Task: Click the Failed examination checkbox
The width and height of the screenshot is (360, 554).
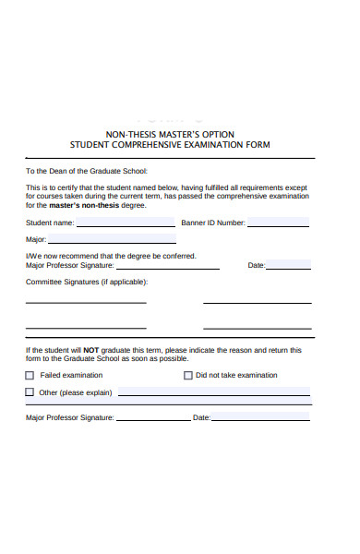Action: pyautogui.click(x=30, y=376)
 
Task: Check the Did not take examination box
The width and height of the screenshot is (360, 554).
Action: pyautogui.click(x=187, y=376)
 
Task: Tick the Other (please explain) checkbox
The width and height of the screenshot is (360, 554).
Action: pyautogui.click(x=30, y=392)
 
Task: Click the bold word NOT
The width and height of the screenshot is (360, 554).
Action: pyautogui.click(x=91, y=351)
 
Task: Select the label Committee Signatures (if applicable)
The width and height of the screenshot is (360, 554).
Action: pyautogui.click(x=87, y=283)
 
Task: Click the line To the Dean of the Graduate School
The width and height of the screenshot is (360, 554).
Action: pyautogui.click(x=87, y=171)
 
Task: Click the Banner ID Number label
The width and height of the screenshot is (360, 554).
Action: pyautogui.click(x=213, y=223)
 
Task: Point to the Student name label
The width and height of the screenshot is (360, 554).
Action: pyautogui.click(x=50, y=223)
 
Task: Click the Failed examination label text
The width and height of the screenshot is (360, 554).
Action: pyautogui.click(x=72, y=376)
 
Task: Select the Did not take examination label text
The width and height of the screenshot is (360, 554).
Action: pyautogui.click(x=236, y=376)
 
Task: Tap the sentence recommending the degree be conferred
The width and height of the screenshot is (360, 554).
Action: pyautogui.click(x=111, y=256)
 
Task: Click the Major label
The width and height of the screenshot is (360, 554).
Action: pyautogui.click(x=35, y=239)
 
